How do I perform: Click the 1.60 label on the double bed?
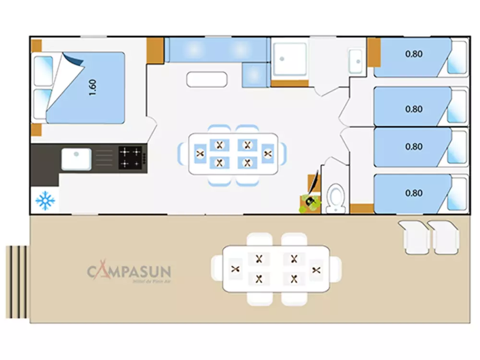[x=93, y=87]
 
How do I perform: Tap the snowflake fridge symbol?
[x=45, y=201]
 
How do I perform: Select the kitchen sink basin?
[x=76, y=159]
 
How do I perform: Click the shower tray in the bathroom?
[x=289, y=60]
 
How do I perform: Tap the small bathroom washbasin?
[x=356, y=60]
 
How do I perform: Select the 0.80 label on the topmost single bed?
[x=414, y=54]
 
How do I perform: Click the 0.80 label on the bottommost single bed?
[x=414, y=193]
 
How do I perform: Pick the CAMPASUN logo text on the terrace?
[x=129, y=272]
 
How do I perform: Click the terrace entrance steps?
[x=17, y=282]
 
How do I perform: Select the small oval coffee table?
[x=206, y=79]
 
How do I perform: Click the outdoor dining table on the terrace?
[x=277, y=269]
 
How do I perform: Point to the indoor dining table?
[x=233, y=154]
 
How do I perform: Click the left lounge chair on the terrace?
[x=414, y=237]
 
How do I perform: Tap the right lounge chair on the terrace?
[x=445, y=237]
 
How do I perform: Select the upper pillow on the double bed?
[x=42, y=70]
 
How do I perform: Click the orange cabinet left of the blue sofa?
[x=155, y=49]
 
